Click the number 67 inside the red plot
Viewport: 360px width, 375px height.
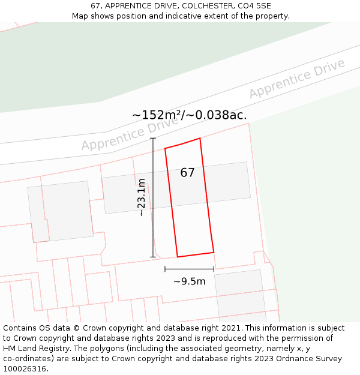coord(187,173)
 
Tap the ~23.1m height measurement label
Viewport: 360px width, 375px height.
coord(142,197)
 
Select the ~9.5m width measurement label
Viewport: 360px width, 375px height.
coord(190,281)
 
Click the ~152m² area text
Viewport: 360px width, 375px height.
coord(157,115)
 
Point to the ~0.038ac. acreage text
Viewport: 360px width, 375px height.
coord(218,115)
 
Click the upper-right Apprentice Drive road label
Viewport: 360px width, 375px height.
coord(297,79)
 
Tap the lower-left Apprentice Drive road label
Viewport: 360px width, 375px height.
coord(130,134)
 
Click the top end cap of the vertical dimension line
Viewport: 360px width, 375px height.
coord(153,139)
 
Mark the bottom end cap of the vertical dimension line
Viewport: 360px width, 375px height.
coord(153,257)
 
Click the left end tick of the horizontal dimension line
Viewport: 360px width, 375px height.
coord(165,269)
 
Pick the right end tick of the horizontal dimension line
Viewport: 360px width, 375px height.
coord(214,269)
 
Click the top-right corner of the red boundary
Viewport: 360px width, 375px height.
coord(200,138)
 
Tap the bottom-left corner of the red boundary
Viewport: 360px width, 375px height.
coord(178,257)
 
